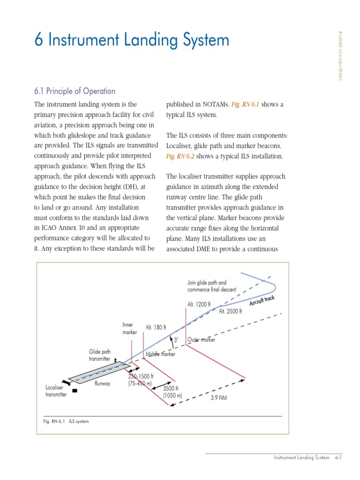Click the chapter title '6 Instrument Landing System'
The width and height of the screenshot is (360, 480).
[132, 40]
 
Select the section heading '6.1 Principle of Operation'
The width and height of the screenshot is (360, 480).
[75, 91]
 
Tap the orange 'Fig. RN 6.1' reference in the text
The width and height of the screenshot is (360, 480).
[245, 105]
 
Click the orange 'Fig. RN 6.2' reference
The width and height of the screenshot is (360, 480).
[180, 156]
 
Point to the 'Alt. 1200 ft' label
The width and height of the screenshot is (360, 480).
[199, 304]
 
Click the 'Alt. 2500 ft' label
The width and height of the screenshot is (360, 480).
[230, 311]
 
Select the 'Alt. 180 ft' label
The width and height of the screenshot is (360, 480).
[156, 327]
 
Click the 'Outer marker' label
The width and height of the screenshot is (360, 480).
[201, 340]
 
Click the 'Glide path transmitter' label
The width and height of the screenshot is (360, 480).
[99, 355]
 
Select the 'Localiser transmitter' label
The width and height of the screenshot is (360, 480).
[56, 391]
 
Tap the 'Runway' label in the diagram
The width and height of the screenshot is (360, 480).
[102, 383]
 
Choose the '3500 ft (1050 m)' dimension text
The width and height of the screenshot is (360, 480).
[172, 392]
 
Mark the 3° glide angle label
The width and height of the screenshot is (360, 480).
[176, 339]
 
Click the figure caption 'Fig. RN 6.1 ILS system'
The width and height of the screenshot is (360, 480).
[66, 421]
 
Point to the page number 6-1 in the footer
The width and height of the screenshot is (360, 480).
[337, 457]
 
